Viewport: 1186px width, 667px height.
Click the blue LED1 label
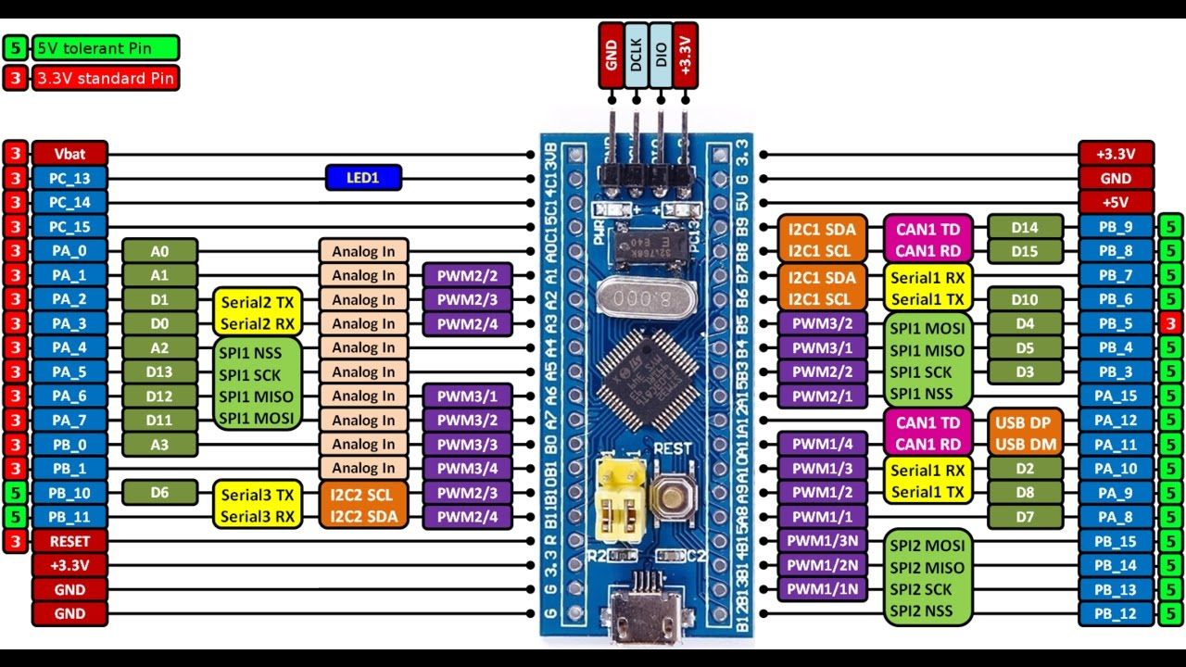[363, 178]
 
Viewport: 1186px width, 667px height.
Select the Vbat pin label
[70, 154]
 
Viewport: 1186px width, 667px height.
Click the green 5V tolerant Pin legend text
[106, 48]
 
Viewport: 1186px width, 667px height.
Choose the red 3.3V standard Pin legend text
[104, 79]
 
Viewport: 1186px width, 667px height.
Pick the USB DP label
[1025, 422]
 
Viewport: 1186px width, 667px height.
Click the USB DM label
[1025, 445]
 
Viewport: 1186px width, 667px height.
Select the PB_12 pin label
[1116, 613]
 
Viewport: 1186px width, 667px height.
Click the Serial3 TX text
[258, 494]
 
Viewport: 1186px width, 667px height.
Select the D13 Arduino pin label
[159, 372]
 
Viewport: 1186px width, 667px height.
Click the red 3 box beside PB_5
[1170, 323]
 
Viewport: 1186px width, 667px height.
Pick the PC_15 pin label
[70, 227]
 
